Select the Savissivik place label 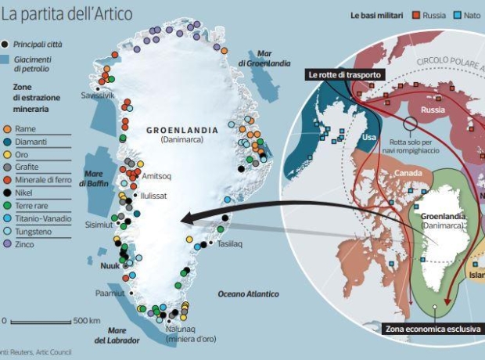(x=99, y=95)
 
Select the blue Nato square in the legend (x=458, y=15)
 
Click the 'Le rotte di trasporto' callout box (x=344, y=74)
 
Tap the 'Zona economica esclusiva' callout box (x=432, y=329)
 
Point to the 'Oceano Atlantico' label (x=248, y=293)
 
